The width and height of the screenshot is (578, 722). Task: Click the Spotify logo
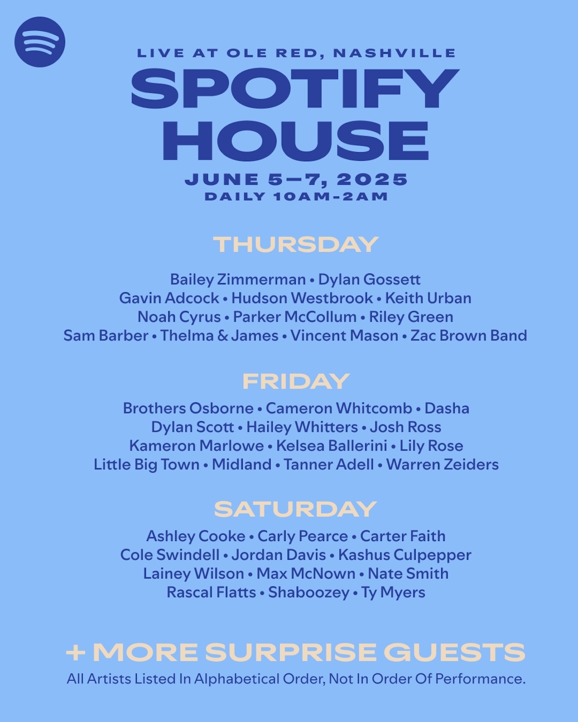point(39,42)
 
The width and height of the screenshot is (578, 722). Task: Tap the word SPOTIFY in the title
point(295,89)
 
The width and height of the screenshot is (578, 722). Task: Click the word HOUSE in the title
point(295,141)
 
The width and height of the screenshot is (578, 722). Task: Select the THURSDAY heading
point(296,245)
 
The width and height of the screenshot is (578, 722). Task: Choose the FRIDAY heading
point(296,382)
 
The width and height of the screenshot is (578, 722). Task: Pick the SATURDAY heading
point(295,509)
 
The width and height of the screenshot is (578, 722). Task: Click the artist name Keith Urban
point(428,298)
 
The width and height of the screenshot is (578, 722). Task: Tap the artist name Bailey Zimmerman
point(238,280)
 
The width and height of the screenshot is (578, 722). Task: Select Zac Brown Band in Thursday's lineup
point(469,335)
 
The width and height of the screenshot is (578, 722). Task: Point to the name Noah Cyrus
point(179,317)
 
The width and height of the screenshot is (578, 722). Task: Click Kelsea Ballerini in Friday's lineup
point(332,446)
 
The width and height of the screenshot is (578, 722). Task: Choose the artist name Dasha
point(447,409)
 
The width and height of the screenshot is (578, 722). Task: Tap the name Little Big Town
point(146,464)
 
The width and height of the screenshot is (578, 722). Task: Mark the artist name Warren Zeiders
point(442,464)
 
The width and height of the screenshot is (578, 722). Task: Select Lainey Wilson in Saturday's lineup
point(194,574)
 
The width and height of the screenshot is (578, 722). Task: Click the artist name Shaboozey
point(309,593)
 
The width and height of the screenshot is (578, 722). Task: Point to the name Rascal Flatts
point(211,593)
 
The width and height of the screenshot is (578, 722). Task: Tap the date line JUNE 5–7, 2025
point(296,180)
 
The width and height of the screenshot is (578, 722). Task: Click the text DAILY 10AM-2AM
point(296,196)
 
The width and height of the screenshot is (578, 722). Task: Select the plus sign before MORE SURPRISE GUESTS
point(76,653)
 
